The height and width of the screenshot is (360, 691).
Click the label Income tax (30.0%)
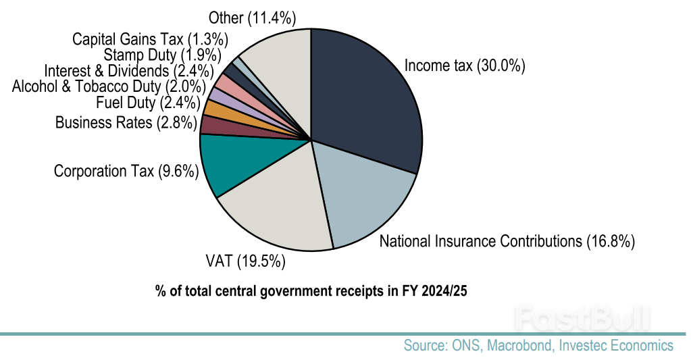coord(464,66)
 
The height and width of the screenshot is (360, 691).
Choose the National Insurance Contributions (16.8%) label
coord(507,241)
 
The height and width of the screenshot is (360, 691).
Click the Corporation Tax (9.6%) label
coord(126,171)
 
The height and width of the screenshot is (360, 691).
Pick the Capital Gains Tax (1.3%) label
coord(151,38)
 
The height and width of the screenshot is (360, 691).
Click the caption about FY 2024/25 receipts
coord(311,292)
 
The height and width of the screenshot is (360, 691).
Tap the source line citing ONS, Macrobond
coord(538,346)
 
